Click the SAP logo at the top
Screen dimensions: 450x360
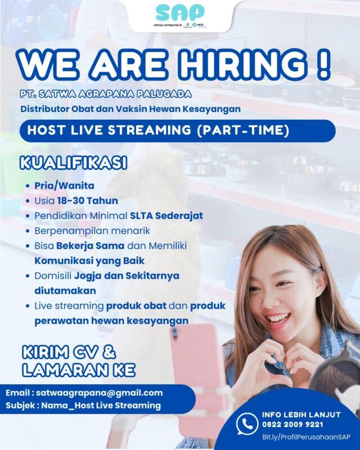(x=180, y=12)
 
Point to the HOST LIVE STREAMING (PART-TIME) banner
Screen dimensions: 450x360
(x=178, y=130)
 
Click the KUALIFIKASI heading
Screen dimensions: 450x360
(x=73, y=164)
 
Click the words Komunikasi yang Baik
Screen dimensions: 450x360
(x=89, y=261)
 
